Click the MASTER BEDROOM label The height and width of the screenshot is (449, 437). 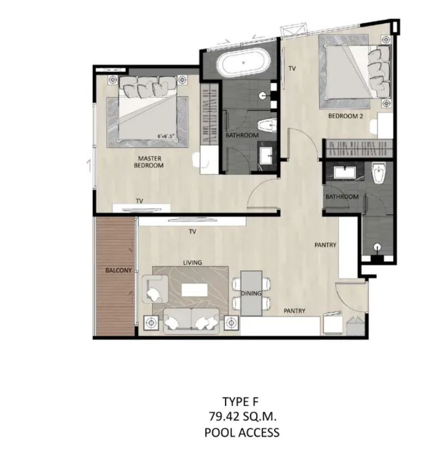(x=149, y=162)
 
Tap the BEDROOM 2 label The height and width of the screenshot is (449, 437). (x=345, y=116)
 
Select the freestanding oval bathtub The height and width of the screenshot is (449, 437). (x=243, y=63)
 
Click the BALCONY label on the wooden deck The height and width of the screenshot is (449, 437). (x=118, y=270)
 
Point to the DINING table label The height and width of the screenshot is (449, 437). (x=251, y=293)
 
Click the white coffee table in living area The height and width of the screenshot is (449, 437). (x=195, y=290)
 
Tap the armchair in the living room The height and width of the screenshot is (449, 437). (x=155, y=289)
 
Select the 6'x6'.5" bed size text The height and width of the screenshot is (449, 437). (x=166, y=137)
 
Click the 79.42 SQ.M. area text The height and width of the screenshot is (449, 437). (x=242, y=416)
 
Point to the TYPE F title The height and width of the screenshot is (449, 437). (x=240, y=402)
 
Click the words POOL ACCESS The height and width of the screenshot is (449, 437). (x=242, y=432)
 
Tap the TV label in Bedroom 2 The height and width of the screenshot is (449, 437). (x=292, y=69)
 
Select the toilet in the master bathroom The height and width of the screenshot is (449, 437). (x=267, y=125)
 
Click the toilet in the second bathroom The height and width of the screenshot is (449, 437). (x=379, y=173)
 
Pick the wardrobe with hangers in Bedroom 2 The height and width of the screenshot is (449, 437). (x=357, y=148)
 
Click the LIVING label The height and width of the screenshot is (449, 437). (x=192, y=263)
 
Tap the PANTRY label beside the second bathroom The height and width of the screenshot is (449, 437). (x=325, y=245)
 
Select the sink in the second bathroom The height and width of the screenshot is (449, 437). (x=345, y=172)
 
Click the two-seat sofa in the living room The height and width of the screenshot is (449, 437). (x=191, y=321)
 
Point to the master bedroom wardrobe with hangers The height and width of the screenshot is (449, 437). (x=210, y=114)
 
